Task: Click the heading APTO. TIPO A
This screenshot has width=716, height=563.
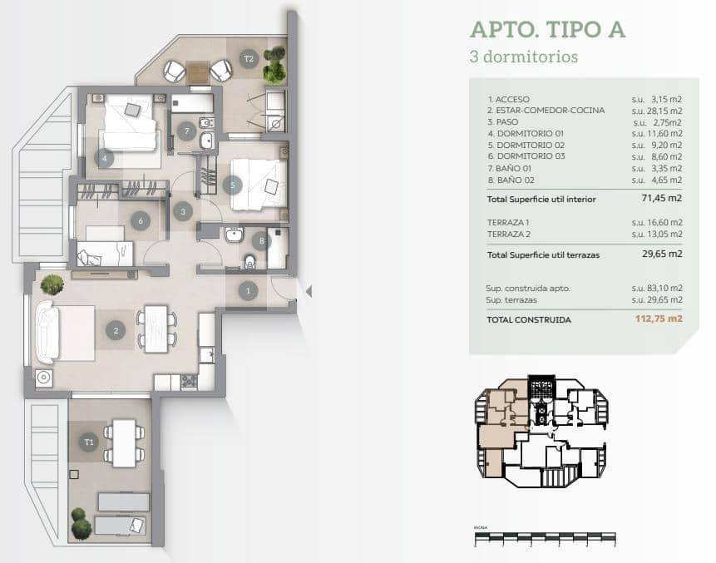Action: [547, 30]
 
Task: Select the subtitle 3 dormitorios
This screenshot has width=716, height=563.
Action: [523, 57]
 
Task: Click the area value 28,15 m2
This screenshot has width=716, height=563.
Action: [657, 110]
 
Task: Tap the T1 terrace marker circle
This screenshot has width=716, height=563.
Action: [89, 442]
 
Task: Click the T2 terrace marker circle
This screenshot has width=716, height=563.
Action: [248, 58]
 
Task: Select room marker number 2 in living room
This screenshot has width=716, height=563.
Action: [116, 330]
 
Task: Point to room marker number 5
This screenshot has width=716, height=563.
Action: [233, 185]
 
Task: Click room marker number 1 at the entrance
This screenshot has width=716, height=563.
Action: [248, 291]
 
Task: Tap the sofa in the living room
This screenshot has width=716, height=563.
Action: [46, 332]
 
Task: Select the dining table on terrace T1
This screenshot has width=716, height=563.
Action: [124, 442]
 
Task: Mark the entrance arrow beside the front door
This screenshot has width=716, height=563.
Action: [307, 291]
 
